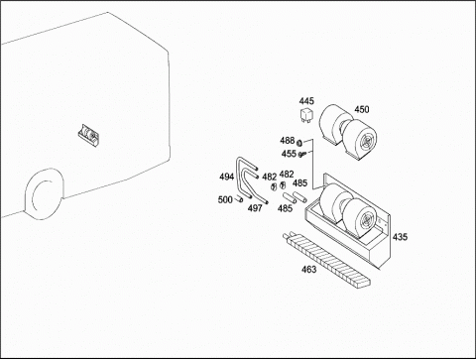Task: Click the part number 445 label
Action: (306, 101)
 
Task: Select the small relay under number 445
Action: (305, 115)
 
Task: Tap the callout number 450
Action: (362, 109)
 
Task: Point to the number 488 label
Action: (287, 141)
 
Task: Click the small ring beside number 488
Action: (299, 143)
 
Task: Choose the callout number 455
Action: (289, 154)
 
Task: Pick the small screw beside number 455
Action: (301, 154)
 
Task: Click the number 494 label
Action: (226, 178)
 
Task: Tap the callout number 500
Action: (225, 200)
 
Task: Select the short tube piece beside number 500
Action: (239, 199)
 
